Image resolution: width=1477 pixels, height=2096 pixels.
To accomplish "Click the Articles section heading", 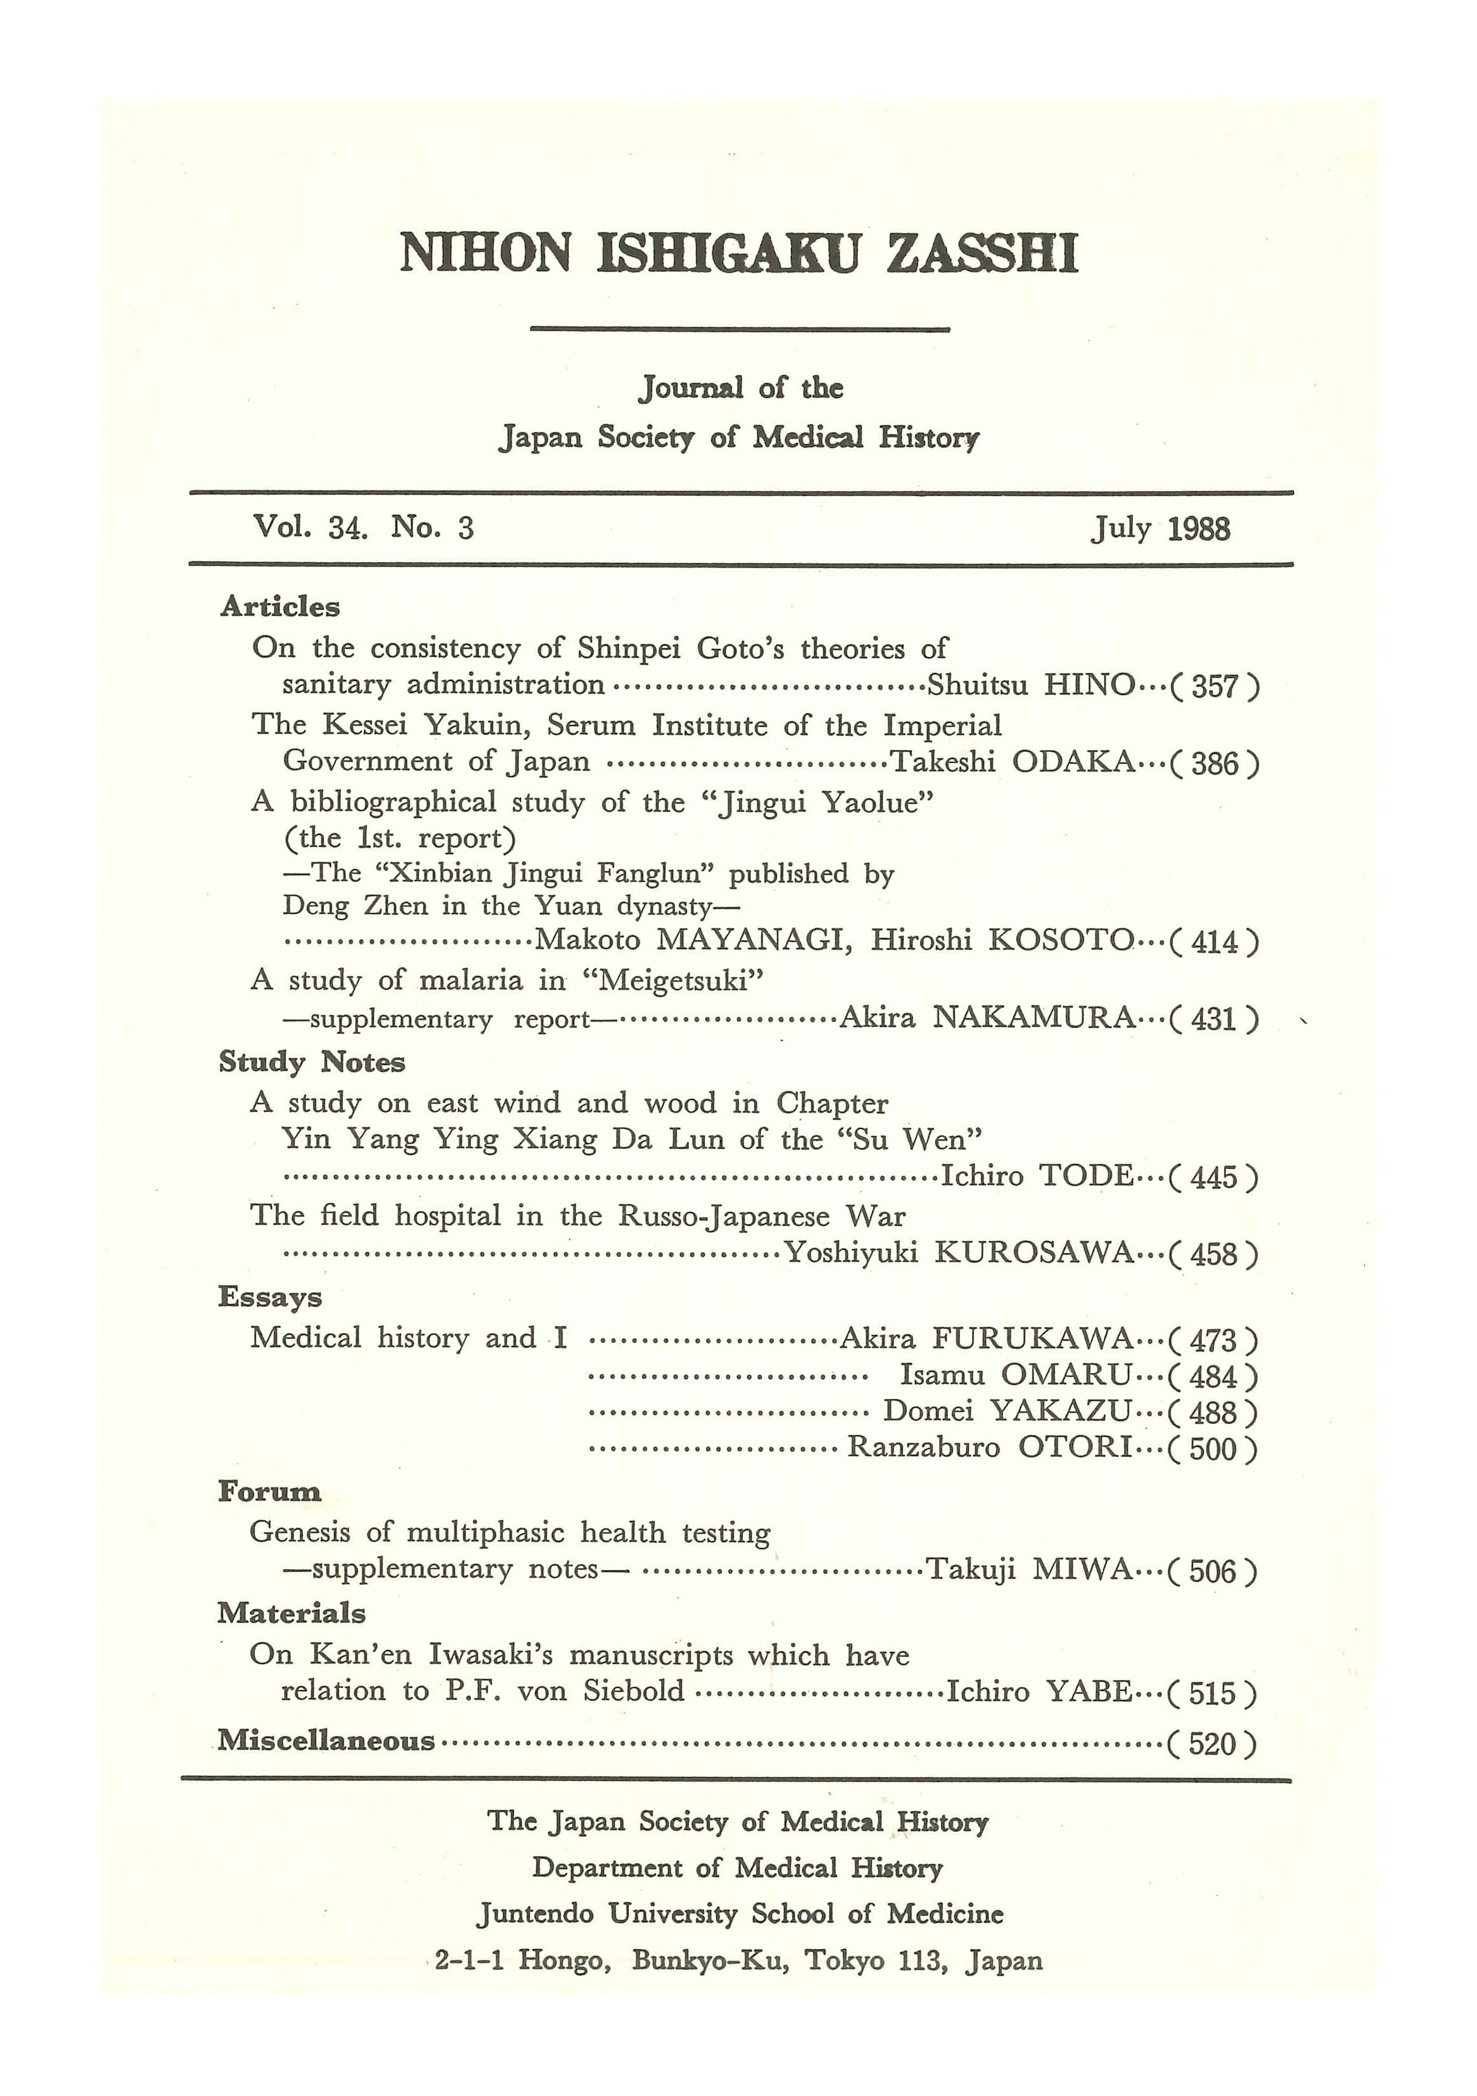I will click(279, 606).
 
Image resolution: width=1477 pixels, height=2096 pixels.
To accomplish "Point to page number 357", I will click(1214, 686).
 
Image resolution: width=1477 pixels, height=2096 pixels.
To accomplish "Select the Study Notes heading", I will click(311, 1062).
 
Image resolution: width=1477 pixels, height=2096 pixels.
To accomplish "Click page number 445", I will click(1213, 1177).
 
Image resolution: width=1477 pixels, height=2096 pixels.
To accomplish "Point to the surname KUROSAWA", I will click(1033, 1253).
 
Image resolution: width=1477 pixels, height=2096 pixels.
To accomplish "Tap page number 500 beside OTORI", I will click(1213, 1448).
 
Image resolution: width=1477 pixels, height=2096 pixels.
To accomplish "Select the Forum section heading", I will click(269, 1493).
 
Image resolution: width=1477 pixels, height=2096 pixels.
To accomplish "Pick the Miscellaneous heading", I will click(326, 1741).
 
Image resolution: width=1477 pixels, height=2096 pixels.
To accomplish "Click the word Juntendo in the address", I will click(536, 1914).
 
